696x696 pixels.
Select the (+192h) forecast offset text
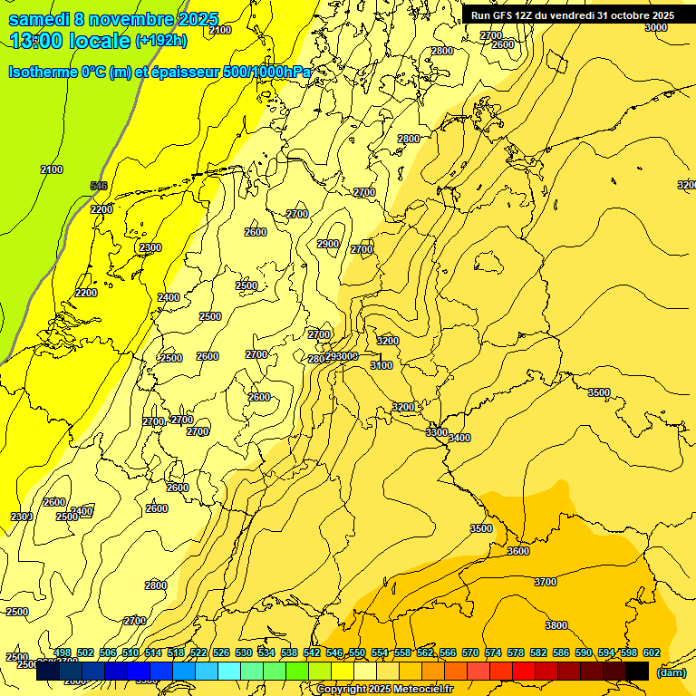pyautogui.click(x=160, y=41)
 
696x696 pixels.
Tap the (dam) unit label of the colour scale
pyautogui.click(x=671, y=672)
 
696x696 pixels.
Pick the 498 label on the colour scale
pyautogui.click(x=63, y=652)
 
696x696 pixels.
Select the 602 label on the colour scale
pyautogui.click(x=652, y=652)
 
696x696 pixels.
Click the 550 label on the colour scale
pyautogui.click(x=357, y=652)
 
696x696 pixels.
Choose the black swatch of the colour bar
pyautogui.click(x=637, y=672)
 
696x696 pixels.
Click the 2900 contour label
pyautogui.click(x=328, y=244)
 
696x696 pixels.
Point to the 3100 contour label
pyautogui.click(x=382, y=365)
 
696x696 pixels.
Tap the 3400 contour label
pyautogui.click(x=459, y=438)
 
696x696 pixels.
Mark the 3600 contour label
pyautogui.click(x=518, y=551)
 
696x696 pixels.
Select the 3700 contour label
pyautogui.click(x=546, y=582)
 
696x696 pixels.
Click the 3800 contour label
pyautogui.click(x=556, y=625)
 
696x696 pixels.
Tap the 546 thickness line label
pyautogui.click(x=99, y=186)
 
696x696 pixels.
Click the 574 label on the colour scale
pyautogui.click(x=493, y=652)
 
